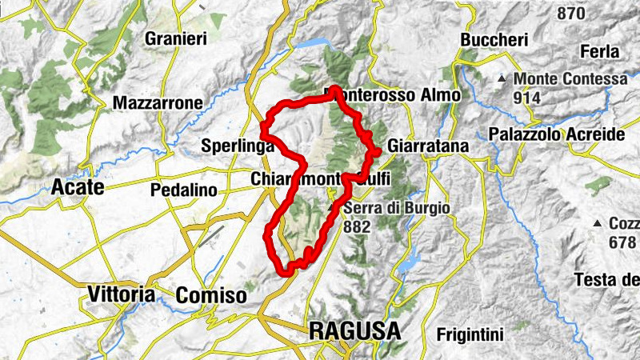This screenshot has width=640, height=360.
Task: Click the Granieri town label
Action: (176, 38)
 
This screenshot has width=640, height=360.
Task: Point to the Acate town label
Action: (78, 187)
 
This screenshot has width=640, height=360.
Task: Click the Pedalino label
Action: (184, 190)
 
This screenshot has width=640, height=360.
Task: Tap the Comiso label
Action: (211, 295)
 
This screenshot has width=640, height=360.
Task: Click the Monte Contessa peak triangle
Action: (502, 79)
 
